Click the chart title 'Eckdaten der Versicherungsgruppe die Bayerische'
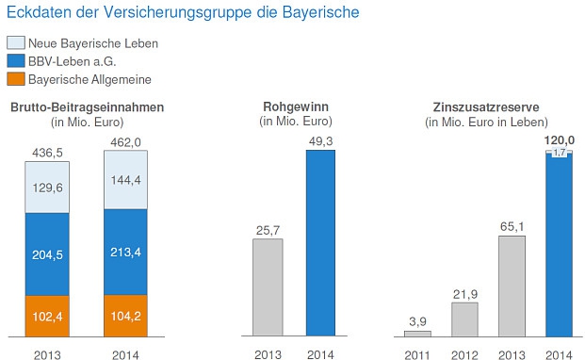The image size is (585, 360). click(182, 13)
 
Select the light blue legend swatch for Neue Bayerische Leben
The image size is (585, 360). click(16, 43)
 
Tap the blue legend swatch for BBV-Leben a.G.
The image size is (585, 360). click(16, 61)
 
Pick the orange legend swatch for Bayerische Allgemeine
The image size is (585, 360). click(16, 79)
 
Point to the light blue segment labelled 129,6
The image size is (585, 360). click(47, 187)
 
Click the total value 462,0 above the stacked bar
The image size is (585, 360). click(126, 142)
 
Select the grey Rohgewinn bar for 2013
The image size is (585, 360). click(268, 286)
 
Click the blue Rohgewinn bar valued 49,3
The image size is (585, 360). click(320, 242)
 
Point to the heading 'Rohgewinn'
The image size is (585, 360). click(293, 106)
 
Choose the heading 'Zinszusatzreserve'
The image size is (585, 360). click(486, 106)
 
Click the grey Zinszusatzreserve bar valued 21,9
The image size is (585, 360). click(464, 319)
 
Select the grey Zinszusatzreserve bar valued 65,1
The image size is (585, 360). click(512, 286)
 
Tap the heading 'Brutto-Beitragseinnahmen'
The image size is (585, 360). click(87, 106)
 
